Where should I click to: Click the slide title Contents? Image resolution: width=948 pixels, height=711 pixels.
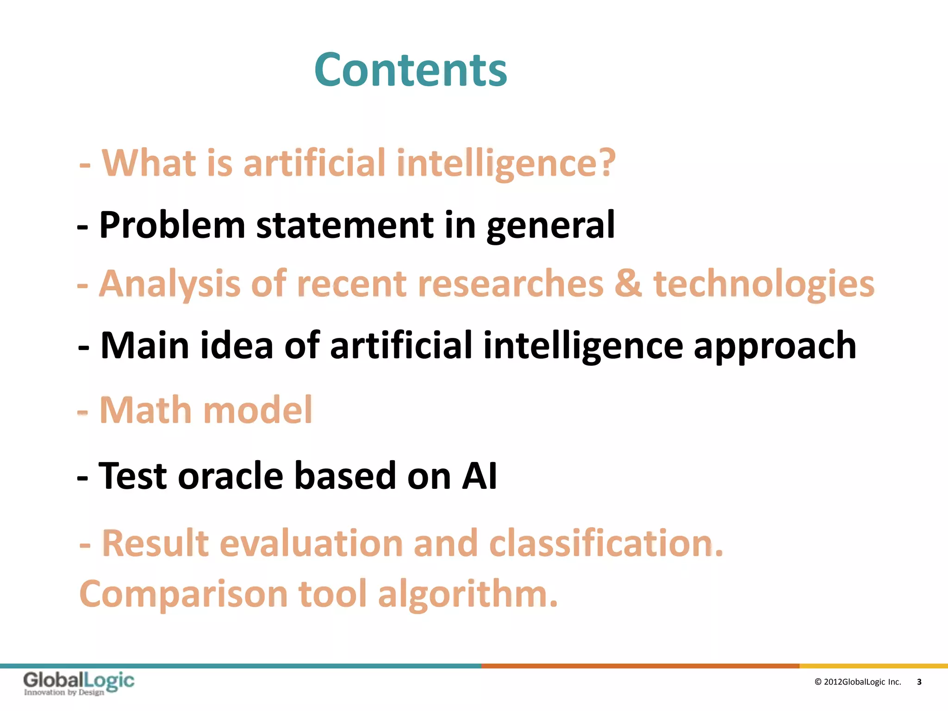click(411, 70)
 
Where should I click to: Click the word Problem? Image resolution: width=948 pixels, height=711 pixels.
click(172, 225)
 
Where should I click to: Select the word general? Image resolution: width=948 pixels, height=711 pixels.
click(550, 225)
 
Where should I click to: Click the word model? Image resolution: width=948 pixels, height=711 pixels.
click(258, 410)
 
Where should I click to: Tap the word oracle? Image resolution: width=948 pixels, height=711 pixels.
click(230, 476)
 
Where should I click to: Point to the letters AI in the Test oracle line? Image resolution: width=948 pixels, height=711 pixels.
click(480, 476)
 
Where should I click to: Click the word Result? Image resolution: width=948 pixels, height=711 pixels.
click(156, 543)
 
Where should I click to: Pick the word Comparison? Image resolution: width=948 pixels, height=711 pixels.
click(183, 594)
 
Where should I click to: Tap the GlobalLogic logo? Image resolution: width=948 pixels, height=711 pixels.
click(79, 683)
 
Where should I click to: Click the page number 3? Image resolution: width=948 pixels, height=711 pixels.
click(919, 682)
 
